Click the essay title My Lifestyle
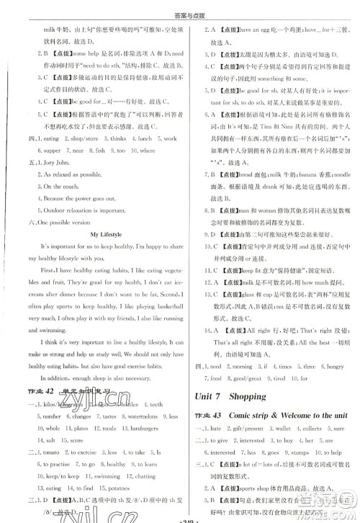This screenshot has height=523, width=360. click(x=102, y=235)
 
